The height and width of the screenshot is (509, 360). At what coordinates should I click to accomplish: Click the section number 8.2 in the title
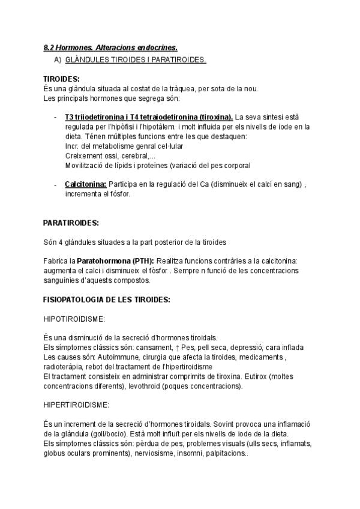click(x=49, y=47)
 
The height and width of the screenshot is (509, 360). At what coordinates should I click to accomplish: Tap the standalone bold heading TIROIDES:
click(x=61, y=79)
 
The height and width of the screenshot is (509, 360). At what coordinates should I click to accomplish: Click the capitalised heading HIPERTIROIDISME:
click(x=76, y=405)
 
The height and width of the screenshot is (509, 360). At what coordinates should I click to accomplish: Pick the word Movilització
click(x=83, y=165)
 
